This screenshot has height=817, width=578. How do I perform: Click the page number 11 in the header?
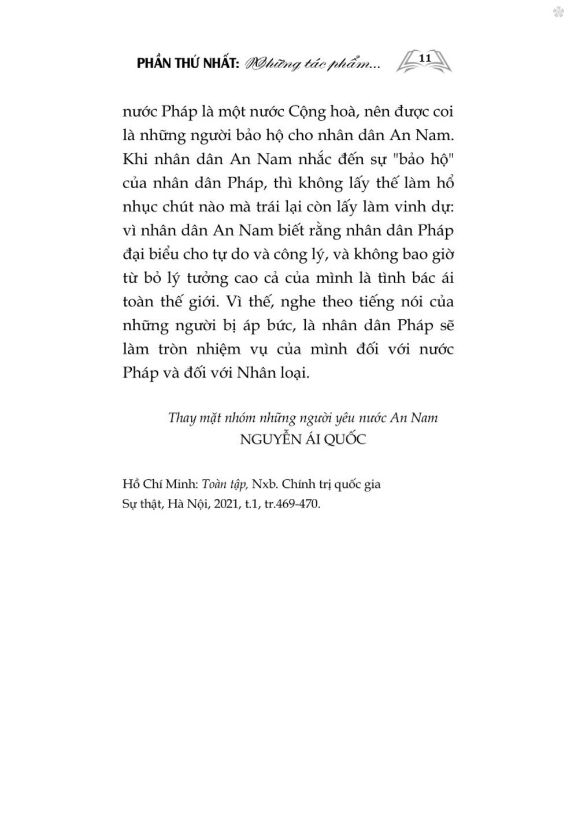click(x=424, y=58)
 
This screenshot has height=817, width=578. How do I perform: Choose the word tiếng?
click(x=355, y=301)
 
